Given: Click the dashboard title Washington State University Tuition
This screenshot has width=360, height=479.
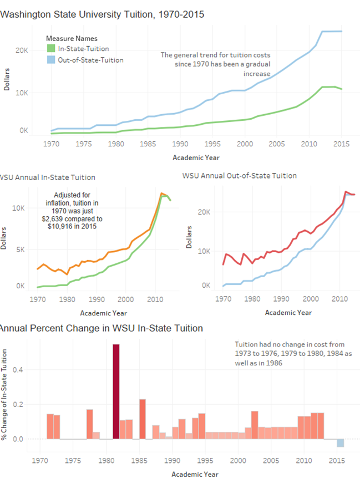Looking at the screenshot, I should tap(102, 15).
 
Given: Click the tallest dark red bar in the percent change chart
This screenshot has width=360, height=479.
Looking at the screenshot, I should tap(116, 391).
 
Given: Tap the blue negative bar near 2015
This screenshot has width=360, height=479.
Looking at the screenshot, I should tap(340, 443).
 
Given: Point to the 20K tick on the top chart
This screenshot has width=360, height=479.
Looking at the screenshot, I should tap(21, 50).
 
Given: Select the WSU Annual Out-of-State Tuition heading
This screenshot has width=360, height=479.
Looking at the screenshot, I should tap(239, 176).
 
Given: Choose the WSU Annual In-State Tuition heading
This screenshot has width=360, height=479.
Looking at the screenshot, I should tap(48, 177).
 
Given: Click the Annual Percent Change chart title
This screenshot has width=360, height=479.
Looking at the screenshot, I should tap(101, 328).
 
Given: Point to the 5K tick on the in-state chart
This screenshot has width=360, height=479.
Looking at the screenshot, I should tap(21, 249).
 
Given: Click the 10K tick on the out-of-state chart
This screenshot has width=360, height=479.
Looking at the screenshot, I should tap(204, 251).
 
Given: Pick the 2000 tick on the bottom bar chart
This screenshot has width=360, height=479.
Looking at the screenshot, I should tap(239, 460).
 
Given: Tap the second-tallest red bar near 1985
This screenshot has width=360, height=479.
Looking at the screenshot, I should tap(143, 419).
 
